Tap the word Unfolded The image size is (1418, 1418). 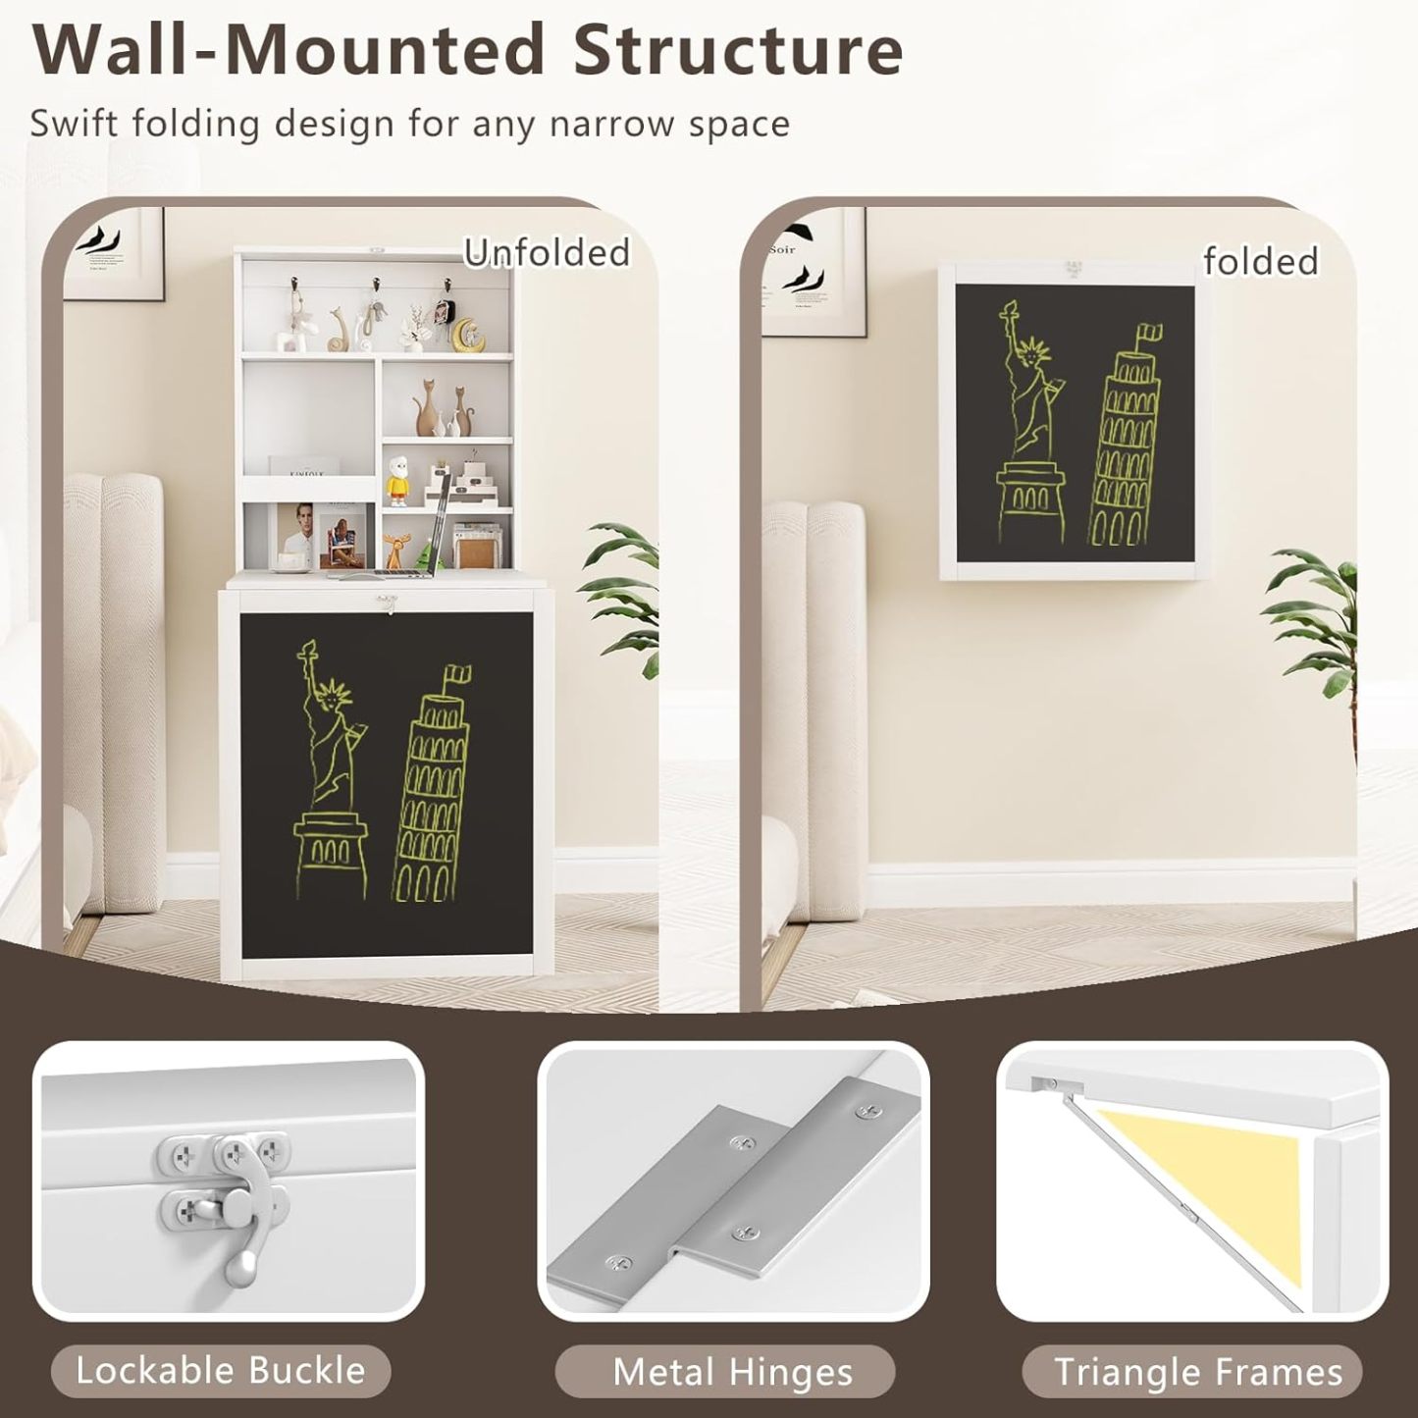click(546, 253)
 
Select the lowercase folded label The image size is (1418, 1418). click(1261, 262)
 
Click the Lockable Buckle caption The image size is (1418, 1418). click(220, 1370)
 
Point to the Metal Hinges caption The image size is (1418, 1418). click(732, 1371)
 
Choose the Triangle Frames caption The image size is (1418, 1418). click(1198, 1371)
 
